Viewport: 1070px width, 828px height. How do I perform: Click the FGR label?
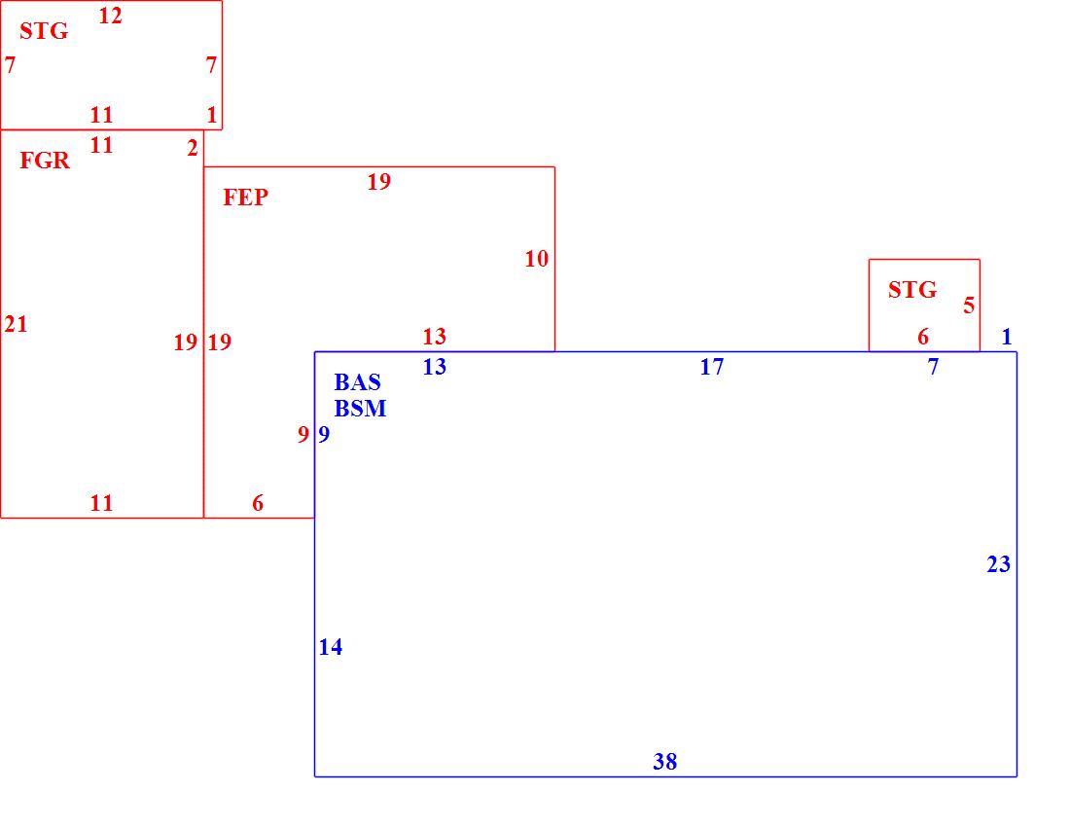45,161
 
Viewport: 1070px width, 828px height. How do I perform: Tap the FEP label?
246,198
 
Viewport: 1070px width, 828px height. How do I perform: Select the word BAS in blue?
358,382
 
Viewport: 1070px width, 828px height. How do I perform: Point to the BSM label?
360,409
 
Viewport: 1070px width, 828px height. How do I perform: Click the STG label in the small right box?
912,290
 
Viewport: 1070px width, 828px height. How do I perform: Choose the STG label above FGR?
44,31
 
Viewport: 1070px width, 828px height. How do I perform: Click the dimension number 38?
664,761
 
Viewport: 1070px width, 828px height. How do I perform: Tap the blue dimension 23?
998,564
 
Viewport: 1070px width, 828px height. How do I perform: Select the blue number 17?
712,367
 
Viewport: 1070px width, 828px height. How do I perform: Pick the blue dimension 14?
331,647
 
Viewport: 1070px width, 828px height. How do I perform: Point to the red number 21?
16,324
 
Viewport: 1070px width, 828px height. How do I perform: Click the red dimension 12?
110,16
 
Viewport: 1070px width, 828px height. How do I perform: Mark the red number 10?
536,259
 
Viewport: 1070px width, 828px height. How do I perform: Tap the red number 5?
969,306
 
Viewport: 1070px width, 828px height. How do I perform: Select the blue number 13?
434,367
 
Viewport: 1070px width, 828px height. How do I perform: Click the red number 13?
434,337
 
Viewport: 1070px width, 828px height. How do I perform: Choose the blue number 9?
324,434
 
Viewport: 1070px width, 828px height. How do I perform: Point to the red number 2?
193,148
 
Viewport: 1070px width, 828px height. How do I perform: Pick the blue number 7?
933,367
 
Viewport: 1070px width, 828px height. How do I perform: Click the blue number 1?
1006,337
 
